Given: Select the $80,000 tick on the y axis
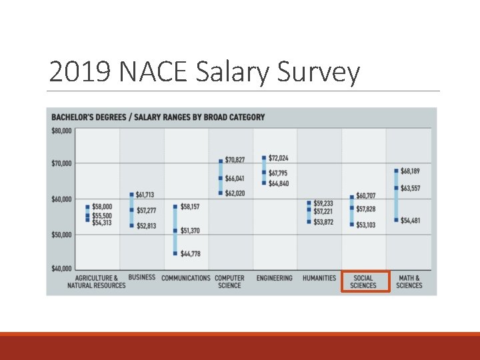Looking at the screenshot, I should click(x=61, y=131).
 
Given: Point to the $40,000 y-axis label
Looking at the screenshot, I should click(x=61, y=269).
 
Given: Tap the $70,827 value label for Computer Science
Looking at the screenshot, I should click(x=235, y=160).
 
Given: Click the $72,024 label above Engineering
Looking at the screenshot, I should click(x=279, y=158).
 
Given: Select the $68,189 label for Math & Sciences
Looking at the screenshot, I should click(x=410, y=171).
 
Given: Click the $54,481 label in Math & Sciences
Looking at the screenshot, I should click(x=410, y=220).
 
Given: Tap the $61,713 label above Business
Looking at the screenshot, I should click(x=146, y=195).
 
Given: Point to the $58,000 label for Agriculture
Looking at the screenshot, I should click(x=102, y=207).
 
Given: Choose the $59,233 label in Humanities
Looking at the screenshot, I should click(x=323, y=203).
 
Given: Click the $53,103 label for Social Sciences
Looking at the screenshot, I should click(x=366, y=225).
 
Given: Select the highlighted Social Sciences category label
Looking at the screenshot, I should click(x=363, y=281).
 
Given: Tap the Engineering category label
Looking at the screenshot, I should click(x=275, y=278).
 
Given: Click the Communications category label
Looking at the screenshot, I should click(x=186, y=278).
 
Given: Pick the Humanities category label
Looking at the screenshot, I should click(x=319, y=278).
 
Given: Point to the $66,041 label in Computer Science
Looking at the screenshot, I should click(x=235, y=179).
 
